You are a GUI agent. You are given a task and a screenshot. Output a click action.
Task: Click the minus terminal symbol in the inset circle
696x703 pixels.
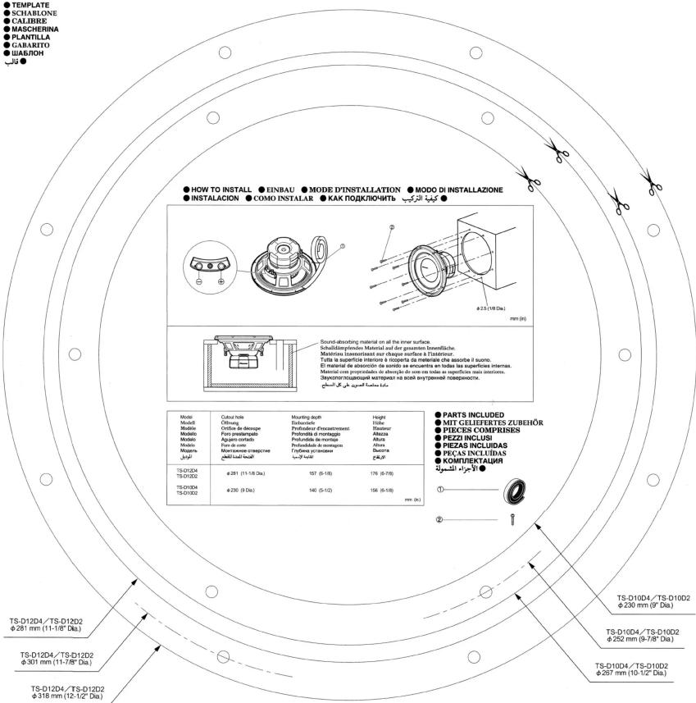(199, 281)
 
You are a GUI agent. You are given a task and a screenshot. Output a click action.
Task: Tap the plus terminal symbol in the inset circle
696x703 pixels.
(221, 281)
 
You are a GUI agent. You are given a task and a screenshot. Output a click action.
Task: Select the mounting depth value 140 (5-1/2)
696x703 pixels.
(304, 490)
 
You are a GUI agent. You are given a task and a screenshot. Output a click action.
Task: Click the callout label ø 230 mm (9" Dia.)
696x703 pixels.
(653, 603)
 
